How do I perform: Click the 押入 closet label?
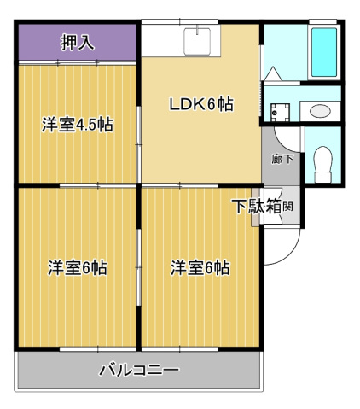[x=78, y=42]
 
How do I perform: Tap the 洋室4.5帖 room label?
[x=78, y=125]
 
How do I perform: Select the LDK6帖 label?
[x=201, y=104]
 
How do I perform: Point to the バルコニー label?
[x=139, y=371]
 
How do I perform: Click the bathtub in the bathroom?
[x=325, y=52]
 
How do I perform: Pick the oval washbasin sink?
[x=321, y=110]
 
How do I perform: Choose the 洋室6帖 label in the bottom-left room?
[x=77, y=267]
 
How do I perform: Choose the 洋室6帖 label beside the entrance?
[x=200, y=267]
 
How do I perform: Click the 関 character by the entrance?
[x=289, y=206]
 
